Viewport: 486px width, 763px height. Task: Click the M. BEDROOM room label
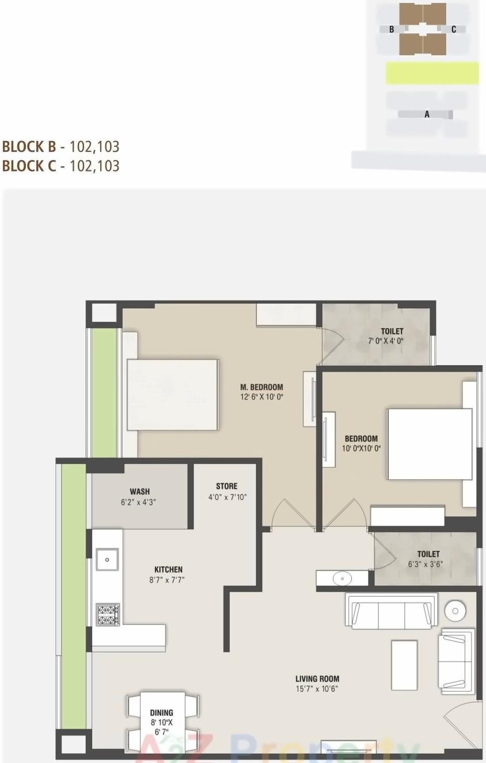click(x=261, y=387)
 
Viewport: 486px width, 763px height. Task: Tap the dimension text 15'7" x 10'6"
click(x=317, y=688)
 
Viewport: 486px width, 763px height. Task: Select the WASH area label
click(x=139, y=491)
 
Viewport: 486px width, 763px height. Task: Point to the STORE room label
click(x=226, y=486)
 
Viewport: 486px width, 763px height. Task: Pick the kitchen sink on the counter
click(x=107, y=559)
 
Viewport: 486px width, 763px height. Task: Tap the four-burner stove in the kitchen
click(x=108, y=614)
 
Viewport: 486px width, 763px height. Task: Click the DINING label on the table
click(x=161, y=713)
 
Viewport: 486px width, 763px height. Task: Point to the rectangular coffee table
click(x=404, y=665)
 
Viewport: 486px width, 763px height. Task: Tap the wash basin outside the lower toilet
click(x=342, y=578)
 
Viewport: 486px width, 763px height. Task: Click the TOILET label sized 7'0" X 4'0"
click(x=392, y=331)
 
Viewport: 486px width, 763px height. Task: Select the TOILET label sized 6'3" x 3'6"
click(x=428, y=554)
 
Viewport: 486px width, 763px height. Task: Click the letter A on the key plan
click(x=427, y=115)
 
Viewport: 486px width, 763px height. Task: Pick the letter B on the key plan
click(x=392, y=29)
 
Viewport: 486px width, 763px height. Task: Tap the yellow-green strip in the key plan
click(x=432, y=73)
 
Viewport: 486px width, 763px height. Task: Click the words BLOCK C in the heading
click(x=29, y=166)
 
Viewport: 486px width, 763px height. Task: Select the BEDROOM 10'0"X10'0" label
click(x=361, y=438)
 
